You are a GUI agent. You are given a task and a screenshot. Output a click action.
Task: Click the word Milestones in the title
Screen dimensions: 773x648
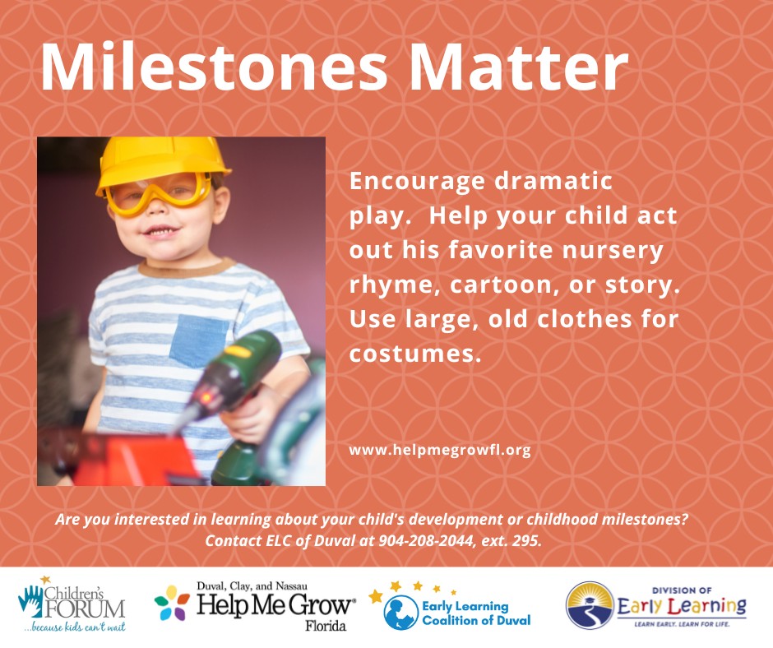[x=214, y=67]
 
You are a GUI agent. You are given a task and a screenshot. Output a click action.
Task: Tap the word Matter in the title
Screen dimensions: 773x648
[x=518, y=67]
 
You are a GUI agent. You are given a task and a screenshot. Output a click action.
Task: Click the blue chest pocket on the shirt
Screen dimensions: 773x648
[x=200, y=340]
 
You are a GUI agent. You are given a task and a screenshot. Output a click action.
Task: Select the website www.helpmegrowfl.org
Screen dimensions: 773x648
[x=440, y=451]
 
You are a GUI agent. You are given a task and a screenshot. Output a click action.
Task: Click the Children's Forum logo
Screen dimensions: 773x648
[x=72, y=604]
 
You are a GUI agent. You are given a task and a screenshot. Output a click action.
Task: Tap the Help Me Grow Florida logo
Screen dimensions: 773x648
[x=255, y=606]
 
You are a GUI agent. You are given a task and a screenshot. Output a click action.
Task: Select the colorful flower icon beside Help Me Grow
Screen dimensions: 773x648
[x=172, y=603]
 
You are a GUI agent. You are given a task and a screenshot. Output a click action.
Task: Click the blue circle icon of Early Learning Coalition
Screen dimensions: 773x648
[x=400, y=613]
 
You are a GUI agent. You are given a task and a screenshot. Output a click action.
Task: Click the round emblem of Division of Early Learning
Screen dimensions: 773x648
[x=590, y=605]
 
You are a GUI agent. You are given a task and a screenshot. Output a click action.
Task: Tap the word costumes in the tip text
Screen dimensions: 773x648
[x=414, y=354]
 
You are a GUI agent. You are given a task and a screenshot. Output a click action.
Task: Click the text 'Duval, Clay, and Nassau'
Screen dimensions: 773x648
[x=252, y=586]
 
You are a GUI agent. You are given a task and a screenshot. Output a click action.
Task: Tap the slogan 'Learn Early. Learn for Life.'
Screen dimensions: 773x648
[x=681, y=624]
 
